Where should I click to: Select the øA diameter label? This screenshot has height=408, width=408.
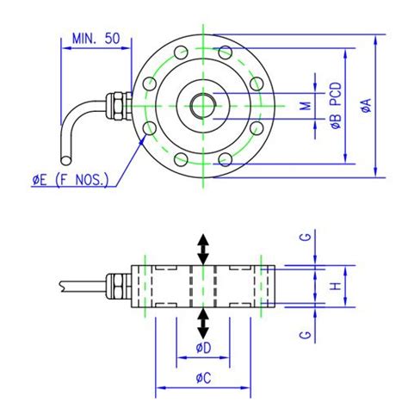tap(368, 107)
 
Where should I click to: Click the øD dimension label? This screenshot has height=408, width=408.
tap(202, 348)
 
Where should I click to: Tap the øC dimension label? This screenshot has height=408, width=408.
tap(202, 378)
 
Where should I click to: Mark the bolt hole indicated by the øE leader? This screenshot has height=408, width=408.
tap(151, 129)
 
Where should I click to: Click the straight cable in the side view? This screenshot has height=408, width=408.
tap(82, 284)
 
